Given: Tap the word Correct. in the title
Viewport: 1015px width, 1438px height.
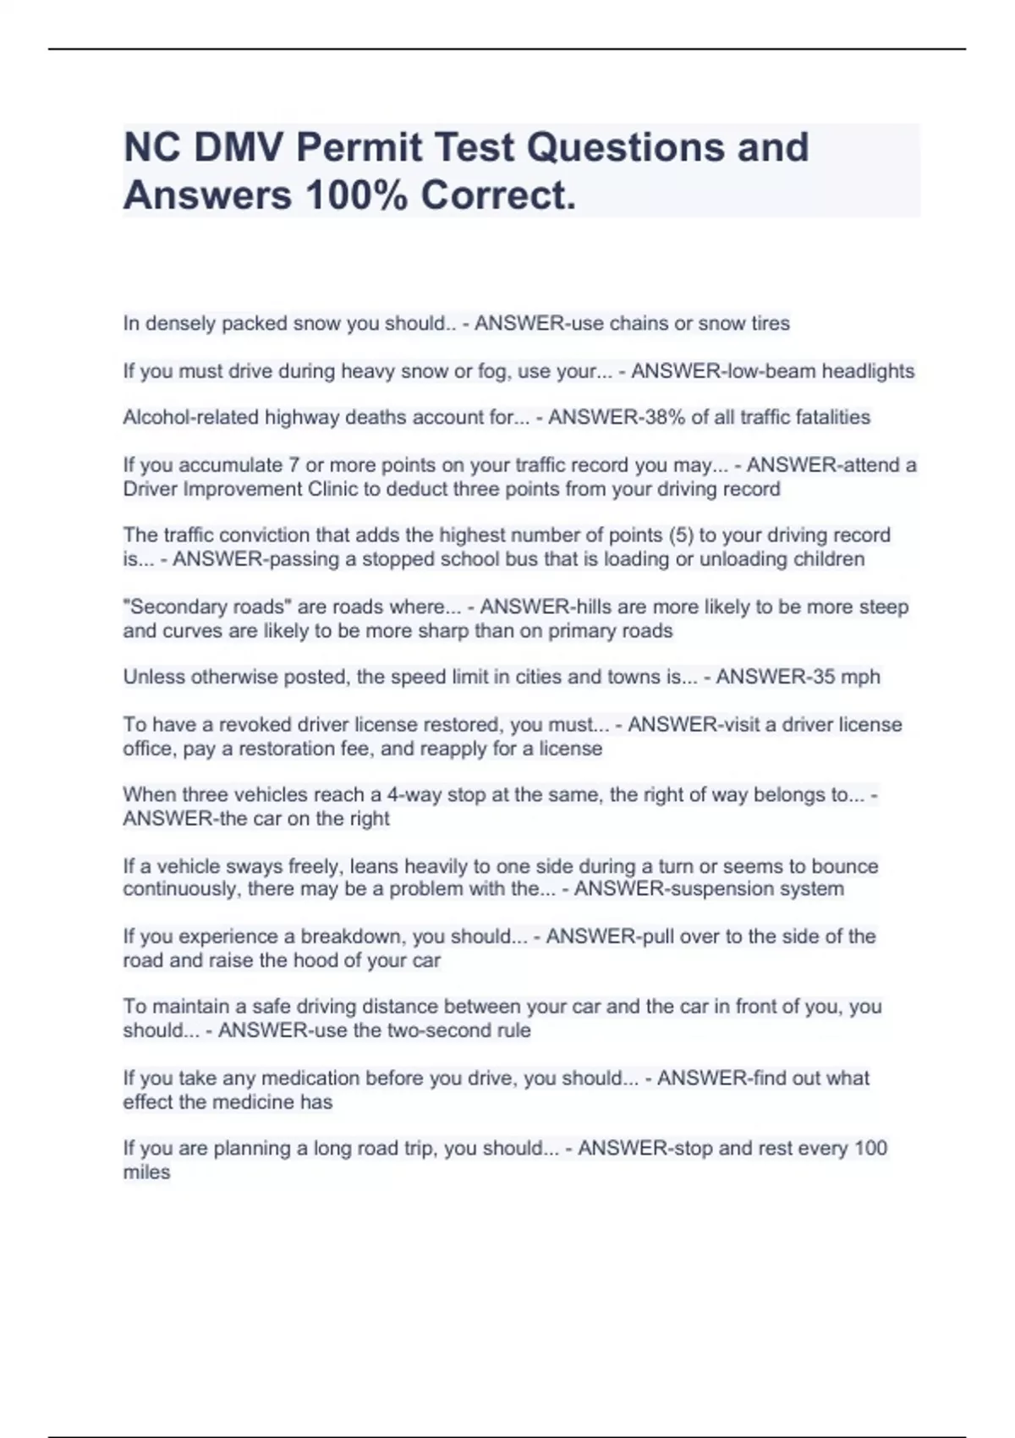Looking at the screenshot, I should [498, 195].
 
